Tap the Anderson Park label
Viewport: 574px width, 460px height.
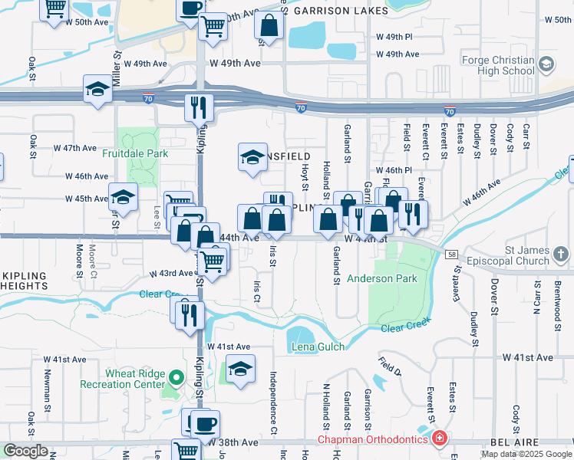(x=381, y=278)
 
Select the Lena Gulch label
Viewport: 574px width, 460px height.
(x=318, y=347)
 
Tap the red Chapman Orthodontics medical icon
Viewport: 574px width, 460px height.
(x=439, y=440)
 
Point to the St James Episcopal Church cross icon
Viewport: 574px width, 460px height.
(x=561, y=254)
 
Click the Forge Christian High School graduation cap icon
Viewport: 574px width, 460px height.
(x=546, y=64)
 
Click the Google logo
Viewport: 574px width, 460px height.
(x=25, y=451)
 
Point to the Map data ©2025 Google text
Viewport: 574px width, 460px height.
(x=526, y=454)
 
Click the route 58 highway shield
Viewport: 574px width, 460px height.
(x=451, y=253)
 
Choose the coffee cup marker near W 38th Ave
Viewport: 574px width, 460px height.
(x=204, y=423)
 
